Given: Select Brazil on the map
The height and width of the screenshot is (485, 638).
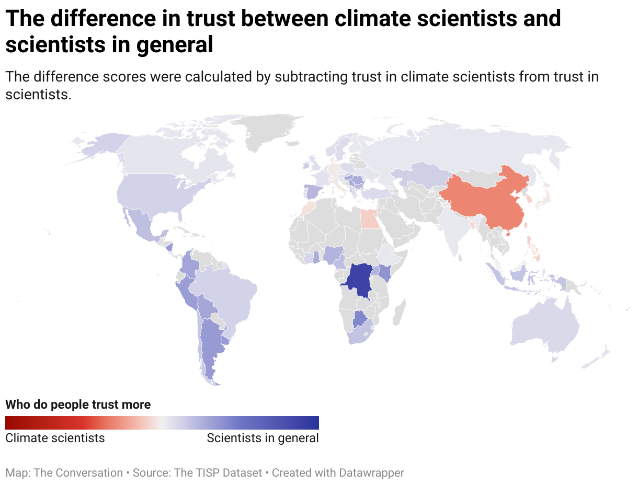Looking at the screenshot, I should coord(230,293).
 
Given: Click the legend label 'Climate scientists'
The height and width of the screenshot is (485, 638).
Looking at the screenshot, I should coord(55,438).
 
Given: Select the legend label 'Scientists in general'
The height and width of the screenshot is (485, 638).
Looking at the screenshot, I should coord(263,438).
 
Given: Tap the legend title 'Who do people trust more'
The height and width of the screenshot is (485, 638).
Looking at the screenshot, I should coord(78,405).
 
